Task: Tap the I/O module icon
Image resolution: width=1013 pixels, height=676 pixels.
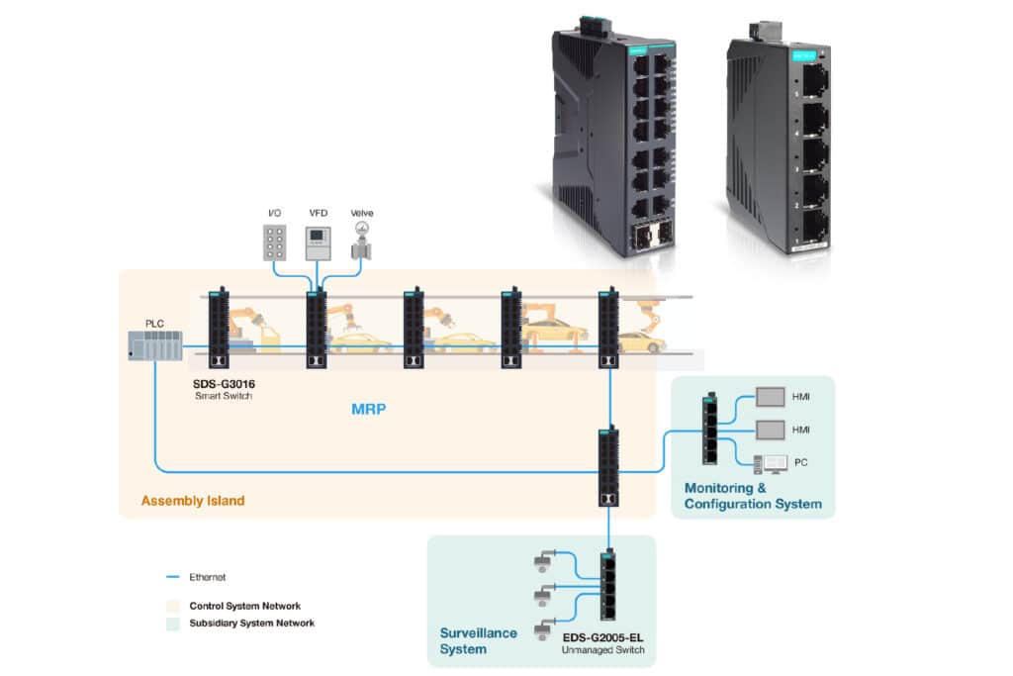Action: pyautogui.click(x=276, y=242)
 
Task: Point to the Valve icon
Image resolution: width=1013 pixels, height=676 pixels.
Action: pyautogui.click(x=361, y=241)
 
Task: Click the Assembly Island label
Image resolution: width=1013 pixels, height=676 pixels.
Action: pyautogui.click(x=193, y=501)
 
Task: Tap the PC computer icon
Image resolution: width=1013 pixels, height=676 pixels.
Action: pyautogui.click(x=769, y=462)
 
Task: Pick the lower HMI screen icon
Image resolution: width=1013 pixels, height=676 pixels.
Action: pyautogui.click(x=770, y=430)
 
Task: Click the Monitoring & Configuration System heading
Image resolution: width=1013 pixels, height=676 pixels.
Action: pyautogui.click(x=752, y=496)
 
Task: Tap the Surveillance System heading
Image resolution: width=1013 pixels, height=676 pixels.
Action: pyautogui.click(x=478, y=641)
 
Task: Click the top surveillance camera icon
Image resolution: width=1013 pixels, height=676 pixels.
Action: pyautogui.click(x=542, y=561)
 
